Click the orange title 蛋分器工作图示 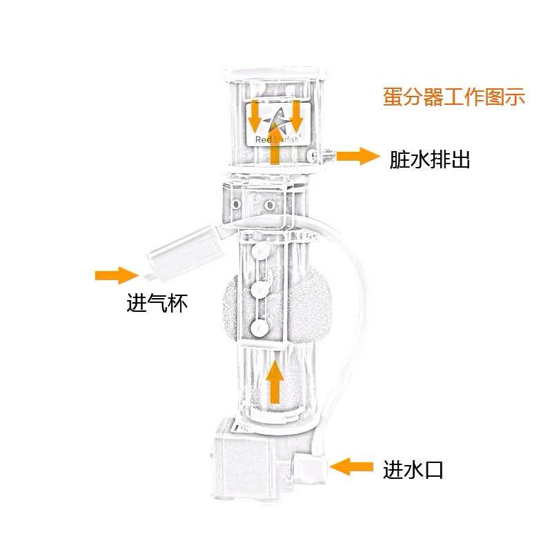454,97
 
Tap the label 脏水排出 429,160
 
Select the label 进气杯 157,303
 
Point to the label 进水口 413,470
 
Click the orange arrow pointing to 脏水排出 357,157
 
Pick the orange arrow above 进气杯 117,275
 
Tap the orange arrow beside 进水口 351,467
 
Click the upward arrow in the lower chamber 275,382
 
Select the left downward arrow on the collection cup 255,117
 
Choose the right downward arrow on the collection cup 296,115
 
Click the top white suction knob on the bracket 259,251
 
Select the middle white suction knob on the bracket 260,290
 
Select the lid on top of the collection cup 275,72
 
